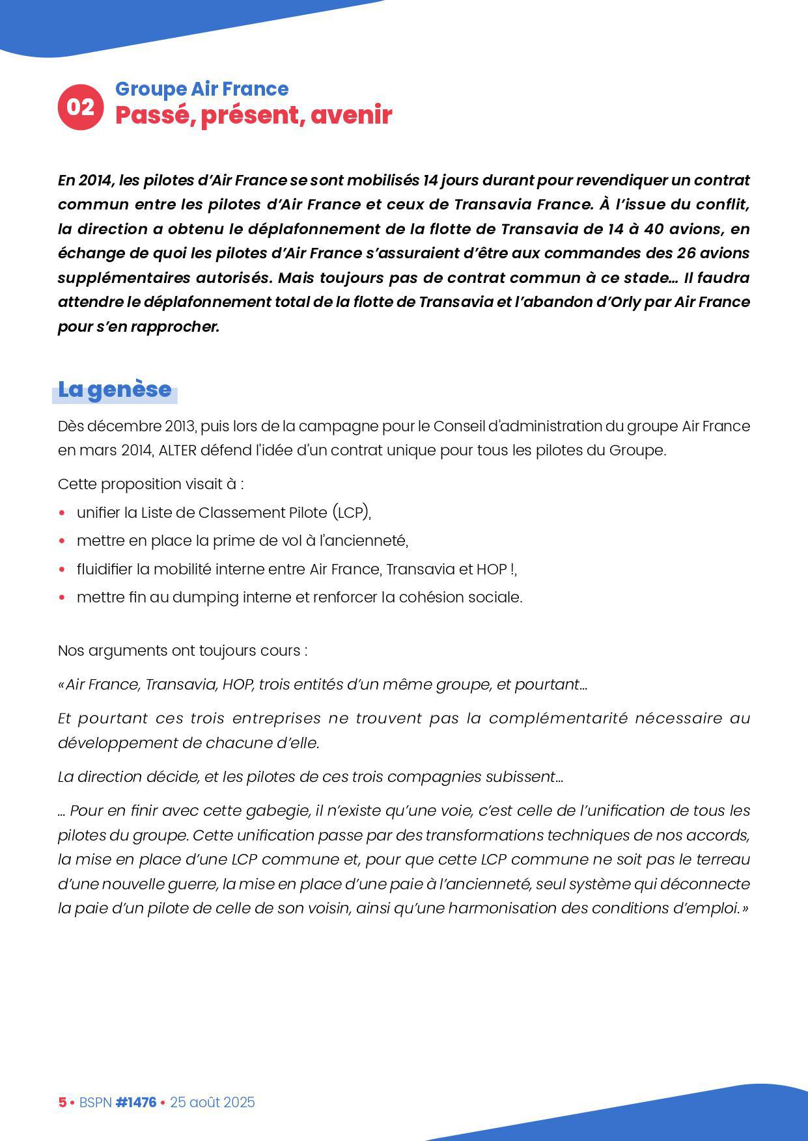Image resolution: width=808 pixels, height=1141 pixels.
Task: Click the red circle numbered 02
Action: [81, 107]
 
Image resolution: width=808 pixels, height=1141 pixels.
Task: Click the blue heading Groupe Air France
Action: [202, 89]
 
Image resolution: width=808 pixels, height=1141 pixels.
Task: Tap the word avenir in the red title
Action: [351, 115]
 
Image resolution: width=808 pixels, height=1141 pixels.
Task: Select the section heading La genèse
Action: [115, 390]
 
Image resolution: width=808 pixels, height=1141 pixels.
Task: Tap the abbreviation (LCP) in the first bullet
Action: [351, 513]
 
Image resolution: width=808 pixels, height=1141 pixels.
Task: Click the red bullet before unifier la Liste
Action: [62, 513]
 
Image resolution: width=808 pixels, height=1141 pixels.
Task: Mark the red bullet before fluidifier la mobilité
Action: [62, 569]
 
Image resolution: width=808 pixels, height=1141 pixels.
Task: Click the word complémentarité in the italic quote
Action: [558, 719]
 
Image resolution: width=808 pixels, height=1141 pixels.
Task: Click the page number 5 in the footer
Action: [63, 1103]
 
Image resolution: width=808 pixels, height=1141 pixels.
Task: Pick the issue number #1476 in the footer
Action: [135, 1103]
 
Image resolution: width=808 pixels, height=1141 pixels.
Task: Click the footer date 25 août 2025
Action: [212, 1103]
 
